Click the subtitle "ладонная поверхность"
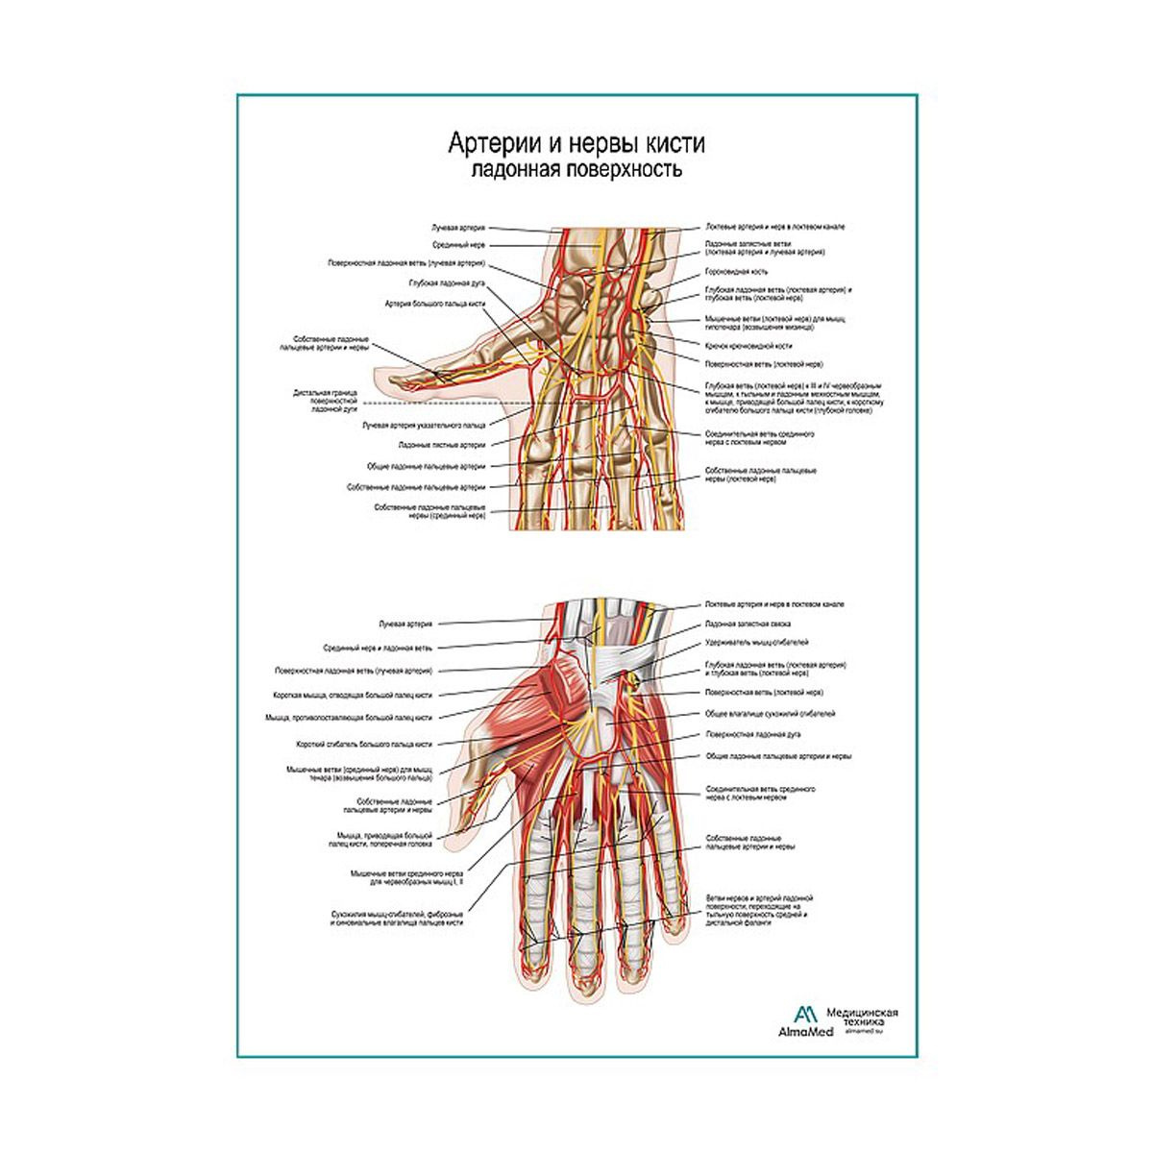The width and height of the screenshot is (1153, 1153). pyautogui.click(x=576, y=171)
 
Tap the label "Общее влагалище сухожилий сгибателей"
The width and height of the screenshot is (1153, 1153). pyautogui.click(x=769, y=714)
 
